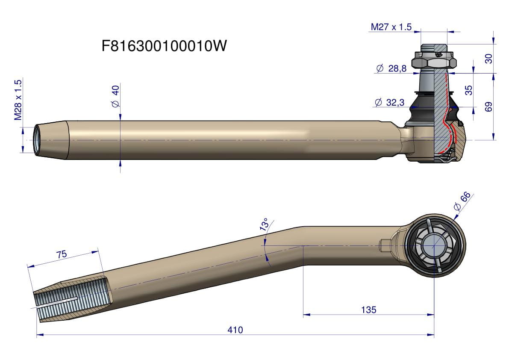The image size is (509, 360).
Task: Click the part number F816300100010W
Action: click(x=164, y=46)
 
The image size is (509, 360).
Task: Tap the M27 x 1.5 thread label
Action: click(x=391, y=27)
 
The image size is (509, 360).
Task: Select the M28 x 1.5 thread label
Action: click(x=18, y=100)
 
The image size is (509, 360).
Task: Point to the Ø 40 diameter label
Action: click(x=115, y=96)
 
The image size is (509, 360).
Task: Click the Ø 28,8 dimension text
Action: click(x=391, y=68)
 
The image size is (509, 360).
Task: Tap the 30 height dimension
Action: click(x=488, y=59)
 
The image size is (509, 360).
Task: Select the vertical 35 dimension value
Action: click(x=468, y=90)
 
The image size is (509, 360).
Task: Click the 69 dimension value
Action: click(x=488, y=107)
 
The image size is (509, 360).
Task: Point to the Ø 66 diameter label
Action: click(x=462, y=201)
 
